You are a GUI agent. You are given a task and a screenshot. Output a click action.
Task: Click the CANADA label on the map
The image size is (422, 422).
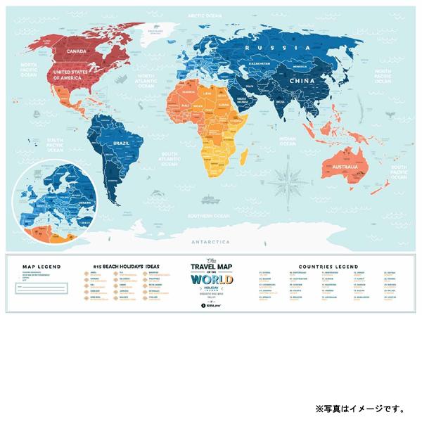(x=75, y=51)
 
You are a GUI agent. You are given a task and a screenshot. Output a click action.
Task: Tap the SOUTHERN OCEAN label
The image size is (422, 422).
(x=212, y=215)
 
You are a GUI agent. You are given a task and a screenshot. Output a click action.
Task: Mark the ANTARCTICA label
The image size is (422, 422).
(x=211, y=241)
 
